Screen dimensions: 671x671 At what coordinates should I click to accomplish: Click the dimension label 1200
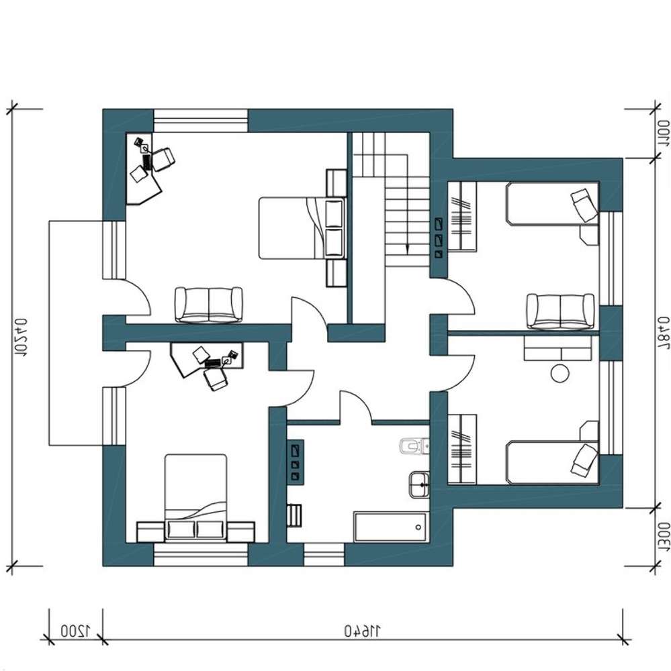pyautogui.click(x=75, y=630)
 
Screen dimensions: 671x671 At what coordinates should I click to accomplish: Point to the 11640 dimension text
pyautogui.click(x=363, y=630)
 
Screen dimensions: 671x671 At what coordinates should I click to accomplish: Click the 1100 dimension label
pyautogui.click(x=663, y=134)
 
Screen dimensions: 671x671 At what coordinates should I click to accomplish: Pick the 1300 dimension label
pyautogui.click(x=663, y=537)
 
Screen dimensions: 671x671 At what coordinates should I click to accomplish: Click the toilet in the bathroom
pyautogui.click(x=414, y=447)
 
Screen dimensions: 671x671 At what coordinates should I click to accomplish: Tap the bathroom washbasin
pyautogui.click(x=419, y=484)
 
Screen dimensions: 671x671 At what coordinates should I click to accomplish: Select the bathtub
pyautogui.click(x=390, y=526)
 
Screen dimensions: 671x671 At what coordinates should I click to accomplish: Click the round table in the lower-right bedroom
pyautogui.click(x=560, y=372)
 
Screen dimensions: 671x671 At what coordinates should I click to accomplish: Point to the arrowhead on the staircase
pyautogui.click(x=406, y=249)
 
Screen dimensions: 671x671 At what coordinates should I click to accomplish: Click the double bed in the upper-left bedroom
pyautogui.click(x=302, y=227)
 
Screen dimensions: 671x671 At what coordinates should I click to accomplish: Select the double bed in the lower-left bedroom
pyautogui.click(x=196, y=498)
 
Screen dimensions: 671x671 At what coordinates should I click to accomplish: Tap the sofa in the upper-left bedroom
pyautogui.click(x=208, y=305)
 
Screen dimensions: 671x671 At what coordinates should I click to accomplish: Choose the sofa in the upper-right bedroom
pyautogui.click(x=560, y=311)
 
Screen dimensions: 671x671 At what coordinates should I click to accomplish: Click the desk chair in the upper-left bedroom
pyautogui.click(x=164, y=159)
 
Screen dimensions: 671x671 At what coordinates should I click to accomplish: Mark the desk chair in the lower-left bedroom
pyautogui.click(x=216, y=378)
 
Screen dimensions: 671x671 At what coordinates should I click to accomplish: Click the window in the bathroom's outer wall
pyautogui.click(x=324, y=554)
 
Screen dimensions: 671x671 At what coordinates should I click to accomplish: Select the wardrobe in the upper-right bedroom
pyautogui.click(x=462, y=216)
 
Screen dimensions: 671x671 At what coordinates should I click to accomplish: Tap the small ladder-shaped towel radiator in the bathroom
pyautogui.click(x=294, y=515)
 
